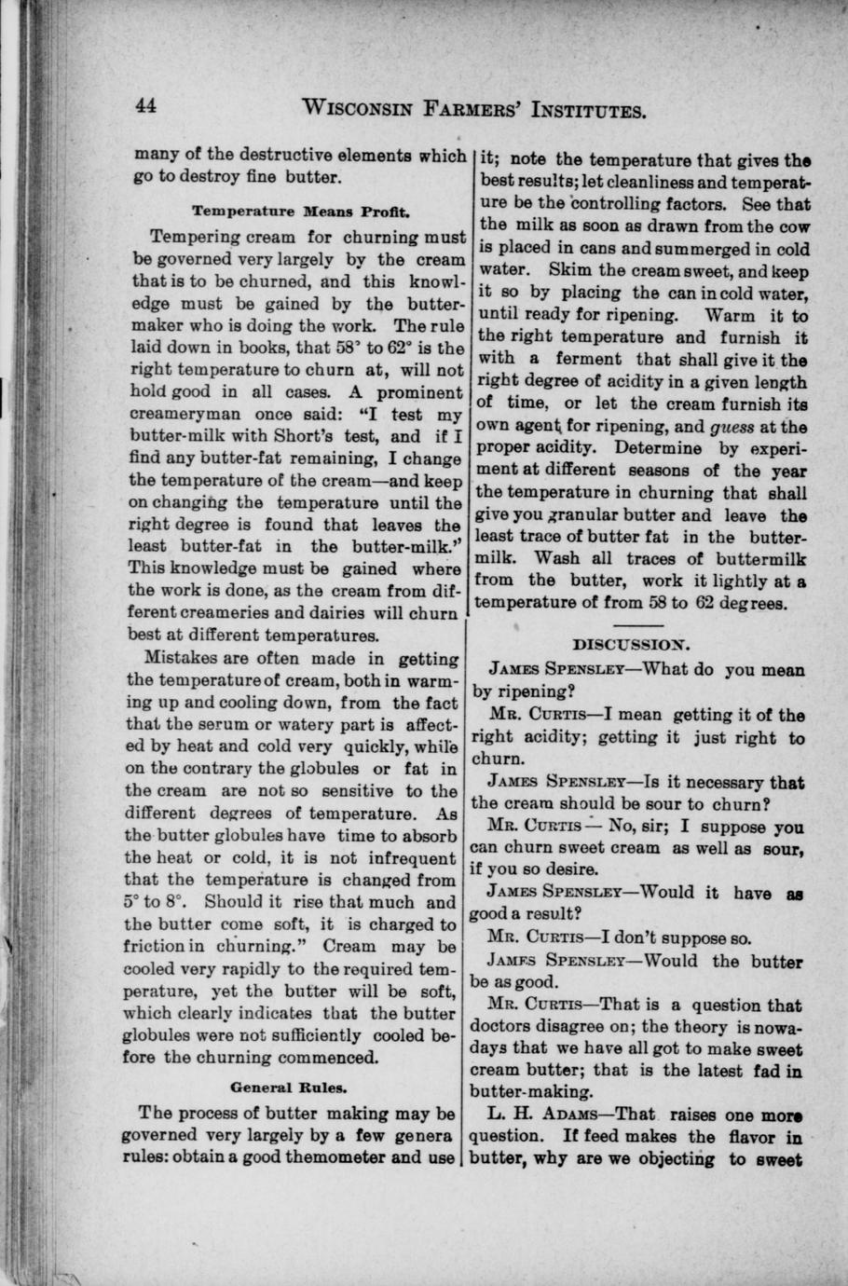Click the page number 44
(x=144, y=104)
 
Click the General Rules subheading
(x=288, y=1087)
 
